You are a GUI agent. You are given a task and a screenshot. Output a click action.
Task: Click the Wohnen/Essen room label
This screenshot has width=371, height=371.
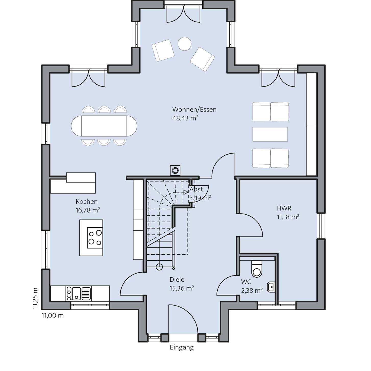point(194,109)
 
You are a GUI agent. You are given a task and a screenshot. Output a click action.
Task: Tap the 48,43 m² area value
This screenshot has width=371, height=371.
point(185,118)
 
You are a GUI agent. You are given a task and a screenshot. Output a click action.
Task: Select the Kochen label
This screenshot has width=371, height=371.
point(86,202)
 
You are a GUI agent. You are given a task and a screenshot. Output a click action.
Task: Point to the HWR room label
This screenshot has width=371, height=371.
point(284,208)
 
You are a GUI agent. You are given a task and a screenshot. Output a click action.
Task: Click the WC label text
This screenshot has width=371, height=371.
point(246,282)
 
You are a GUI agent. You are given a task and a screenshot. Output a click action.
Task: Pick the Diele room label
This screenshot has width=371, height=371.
point(177,280)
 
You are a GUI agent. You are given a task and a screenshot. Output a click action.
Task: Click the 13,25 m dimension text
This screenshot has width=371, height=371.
point(35,299)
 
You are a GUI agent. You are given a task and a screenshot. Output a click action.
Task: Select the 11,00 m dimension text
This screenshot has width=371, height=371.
point(53,316)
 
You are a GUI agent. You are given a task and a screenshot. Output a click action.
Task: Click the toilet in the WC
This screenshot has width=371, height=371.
point(257,269)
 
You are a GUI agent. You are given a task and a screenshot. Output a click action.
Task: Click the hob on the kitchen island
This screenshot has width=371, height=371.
point(95,238)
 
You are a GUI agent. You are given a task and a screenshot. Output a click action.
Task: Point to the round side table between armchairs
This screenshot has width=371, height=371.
point(184,44)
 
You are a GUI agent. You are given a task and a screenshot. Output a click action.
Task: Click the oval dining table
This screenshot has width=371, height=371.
point(104,126)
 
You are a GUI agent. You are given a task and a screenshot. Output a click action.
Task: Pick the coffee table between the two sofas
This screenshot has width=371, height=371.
point(270,134)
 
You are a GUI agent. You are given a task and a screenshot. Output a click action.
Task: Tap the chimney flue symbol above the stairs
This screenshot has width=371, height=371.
point(175,170)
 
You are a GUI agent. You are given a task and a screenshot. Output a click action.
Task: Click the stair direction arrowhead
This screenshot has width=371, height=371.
point(185,192)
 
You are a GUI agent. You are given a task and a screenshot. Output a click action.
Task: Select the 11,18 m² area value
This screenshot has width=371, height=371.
point(288,217)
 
